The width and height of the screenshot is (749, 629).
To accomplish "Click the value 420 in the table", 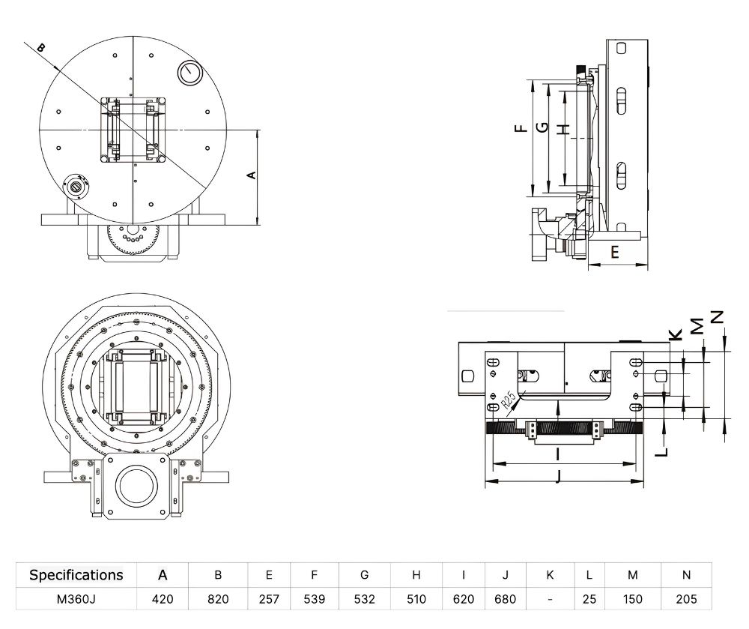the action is point(163,599).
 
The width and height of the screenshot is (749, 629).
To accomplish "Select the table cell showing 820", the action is point(218,599).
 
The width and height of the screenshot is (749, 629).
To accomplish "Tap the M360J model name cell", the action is point(76,599).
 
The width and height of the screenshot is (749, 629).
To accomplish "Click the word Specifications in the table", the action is point(76,575).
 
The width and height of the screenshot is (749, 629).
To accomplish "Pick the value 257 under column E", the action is point(269,599).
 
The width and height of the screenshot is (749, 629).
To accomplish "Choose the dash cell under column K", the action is point(550,599).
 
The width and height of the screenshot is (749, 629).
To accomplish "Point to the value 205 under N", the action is point(686,599).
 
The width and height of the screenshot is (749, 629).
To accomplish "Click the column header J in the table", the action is point(506,575).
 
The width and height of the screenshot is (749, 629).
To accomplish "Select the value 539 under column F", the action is point(315,599).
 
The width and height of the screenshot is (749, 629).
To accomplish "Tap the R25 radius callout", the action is point(509,400).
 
